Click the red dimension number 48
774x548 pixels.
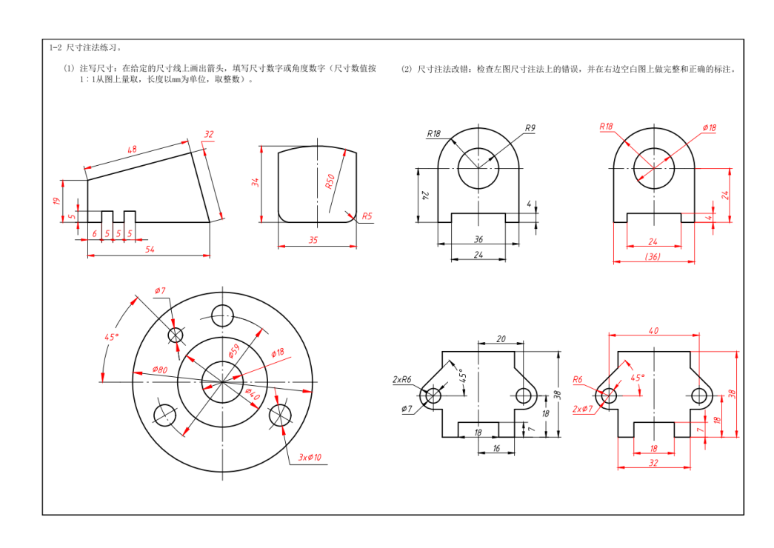point(133,150)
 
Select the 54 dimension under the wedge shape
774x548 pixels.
point(150,250)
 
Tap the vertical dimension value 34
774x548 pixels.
point(256,183)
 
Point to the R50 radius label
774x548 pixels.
point(330,181)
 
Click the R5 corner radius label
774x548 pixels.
point(367,216)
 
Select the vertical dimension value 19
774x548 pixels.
point(56,201)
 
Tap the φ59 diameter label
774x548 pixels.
point(234,350)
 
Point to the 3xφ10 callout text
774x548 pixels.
point(310,458)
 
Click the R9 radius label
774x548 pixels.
point(530,128)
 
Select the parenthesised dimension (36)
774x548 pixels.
point(653,256)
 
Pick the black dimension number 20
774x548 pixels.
point(501,338)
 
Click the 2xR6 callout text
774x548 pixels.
point(402,379)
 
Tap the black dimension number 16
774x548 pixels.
point(496,449)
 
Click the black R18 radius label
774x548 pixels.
point(433,134)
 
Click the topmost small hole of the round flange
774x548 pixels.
point(222,315)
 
